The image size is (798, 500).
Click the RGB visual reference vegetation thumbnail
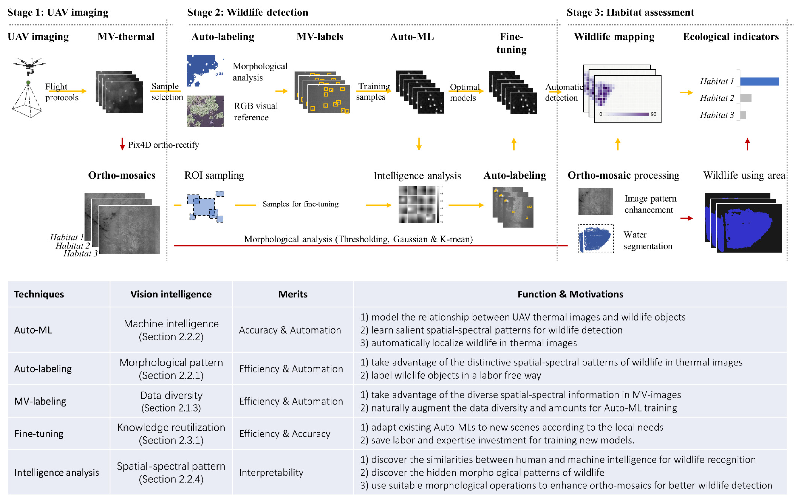[205, 111]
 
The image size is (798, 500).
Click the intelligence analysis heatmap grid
[417, 204]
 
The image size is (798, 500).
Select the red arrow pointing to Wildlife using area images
[686, 218]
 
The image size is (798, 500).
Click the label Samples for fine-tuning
[300, 204]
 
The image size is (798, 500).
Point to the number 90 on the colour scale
[653, 114]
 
